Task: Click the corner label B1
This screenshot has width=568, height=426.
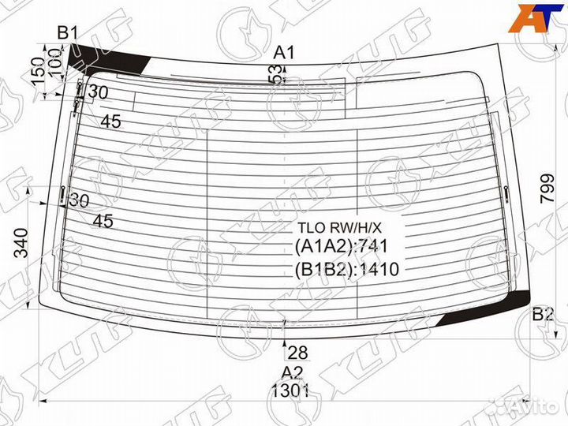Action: coord(68,33)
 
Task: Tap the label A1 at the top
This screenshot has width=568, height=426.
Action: coord(284,53)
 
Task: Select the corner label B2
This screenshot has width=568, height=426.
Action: coord(543,314)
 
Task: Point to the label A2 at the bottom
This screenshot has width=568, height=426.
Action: coord(292,372)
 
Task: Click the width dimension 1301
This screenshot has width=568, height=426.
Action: coord(290,390)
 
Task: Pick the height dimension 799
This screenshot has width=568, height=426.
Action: coord(547,189)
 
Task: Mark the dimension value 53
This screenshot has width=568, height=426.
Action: coord(276,73)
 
